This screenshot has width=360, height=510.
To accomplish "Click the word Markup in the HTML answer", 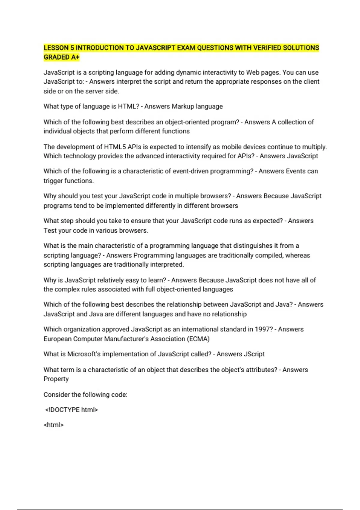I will pyautogui.click(x=183, y=106).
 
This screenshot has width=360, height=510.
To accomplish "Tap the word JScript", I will pyautogui.click(x=254, y=354).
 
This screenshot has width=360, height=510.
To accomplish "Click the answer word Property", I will pyautogui.click(x=56, y=379).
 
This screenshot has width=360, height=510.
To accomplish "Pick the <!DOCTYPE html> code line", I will pyautogui.click(x=72, y=410).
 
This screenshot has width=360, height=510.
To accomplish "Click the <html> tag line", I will pyautogui.click(x=54, y=425).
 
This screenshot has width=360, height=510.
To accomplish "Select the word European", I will pyautogui.click(x=57, y=339).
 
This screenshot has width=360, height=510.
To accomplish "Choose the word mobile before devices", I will pyautogui.click(x=231, y=147).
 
